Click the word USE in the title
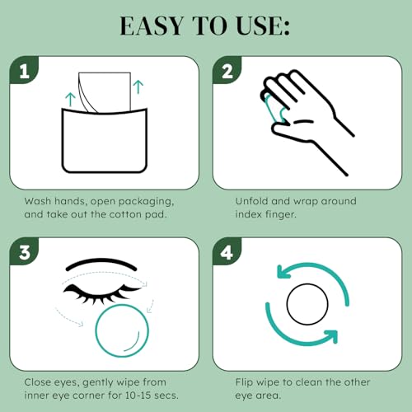click(262, 26)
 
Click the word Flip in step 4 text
click(241, 383)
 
